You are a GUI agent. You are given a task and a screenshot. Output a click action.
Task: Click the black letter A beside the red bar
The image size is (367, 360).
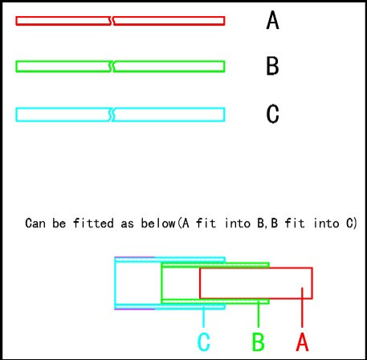click(273, 20)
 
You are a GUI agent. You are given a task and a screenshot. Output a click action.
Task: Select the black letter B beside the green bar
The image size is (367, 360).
click(272, 66)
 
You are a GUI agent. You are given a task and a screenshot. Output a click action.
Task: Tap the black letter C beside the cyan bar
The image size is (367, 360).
click(273, 114)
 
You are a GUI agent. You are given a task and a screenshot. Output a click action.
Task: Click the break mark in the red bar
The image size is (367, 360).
click(112, 21)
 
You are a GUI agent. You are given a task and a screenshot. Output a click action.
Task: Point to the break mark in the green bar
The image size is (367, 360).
click(112, 67)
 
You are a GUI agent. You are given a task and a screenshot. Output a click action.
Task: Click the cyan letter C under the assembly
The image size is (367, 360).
click(204, 342)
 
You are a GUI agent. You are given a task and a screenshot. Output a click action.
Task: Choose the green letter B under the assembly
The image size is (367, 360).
click(259, 342)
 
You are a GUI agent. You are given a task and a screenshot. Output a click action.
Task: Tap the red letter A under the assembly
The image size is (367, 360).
click(302, 342)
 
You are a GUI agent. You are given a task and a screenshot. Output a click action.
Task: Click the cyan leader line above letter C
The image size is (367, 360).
click(204, 317)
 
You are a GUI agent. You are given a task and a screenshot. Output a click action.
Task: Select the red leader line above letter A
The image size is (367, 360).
click(302, 308)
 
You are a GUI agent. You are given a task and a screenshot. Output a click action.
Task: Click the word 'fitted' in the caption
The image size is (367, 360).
click(93, 223)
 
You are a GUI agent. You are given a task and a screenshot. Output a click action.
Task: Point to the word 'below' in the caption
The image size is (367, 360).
click(158, 223)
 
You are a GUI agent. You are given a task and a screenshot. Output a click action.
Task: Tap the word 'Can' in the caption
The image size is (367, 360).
click(35, 223)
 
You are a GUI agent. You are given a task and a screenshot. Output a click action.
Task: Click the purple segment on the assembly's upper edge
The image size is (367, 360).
click(135, 257)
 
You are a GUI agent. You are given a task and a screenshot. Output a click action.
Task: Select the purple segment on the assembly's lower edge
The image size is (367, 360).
click(135, 309)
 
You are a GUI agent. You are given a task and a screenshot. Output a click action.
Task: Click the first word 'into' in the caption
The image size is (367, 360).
click(238, 223)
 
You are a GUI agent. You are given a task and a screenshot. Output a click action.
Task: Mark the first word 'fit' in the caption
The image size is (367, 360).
click(206, 223)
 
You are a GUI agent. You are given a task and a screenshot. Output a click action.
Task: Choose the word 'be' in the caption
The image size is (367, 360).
click(59, 223)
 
